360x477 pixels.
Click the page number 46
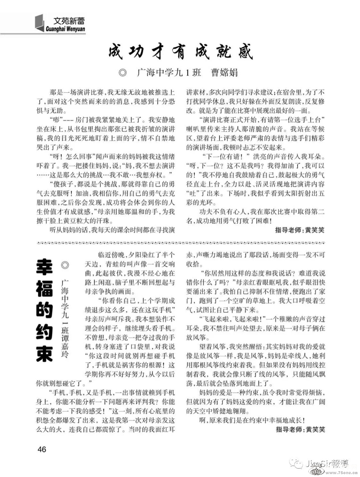[42, 449]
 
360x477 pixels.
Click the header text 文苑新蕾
[69, 21]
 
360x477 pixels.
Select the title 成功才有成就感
[181, 52]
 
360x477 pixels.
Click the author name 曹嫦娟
[224, 72]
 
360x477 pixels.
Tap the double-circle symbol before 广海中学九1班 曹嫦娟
[123, 73]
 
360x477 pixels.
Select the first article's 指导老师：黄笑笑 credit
[300, 230]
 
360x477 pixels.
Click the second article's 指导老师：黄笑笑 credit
[300, 429]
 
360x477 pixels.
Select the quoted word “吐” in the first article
[192, 193]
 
